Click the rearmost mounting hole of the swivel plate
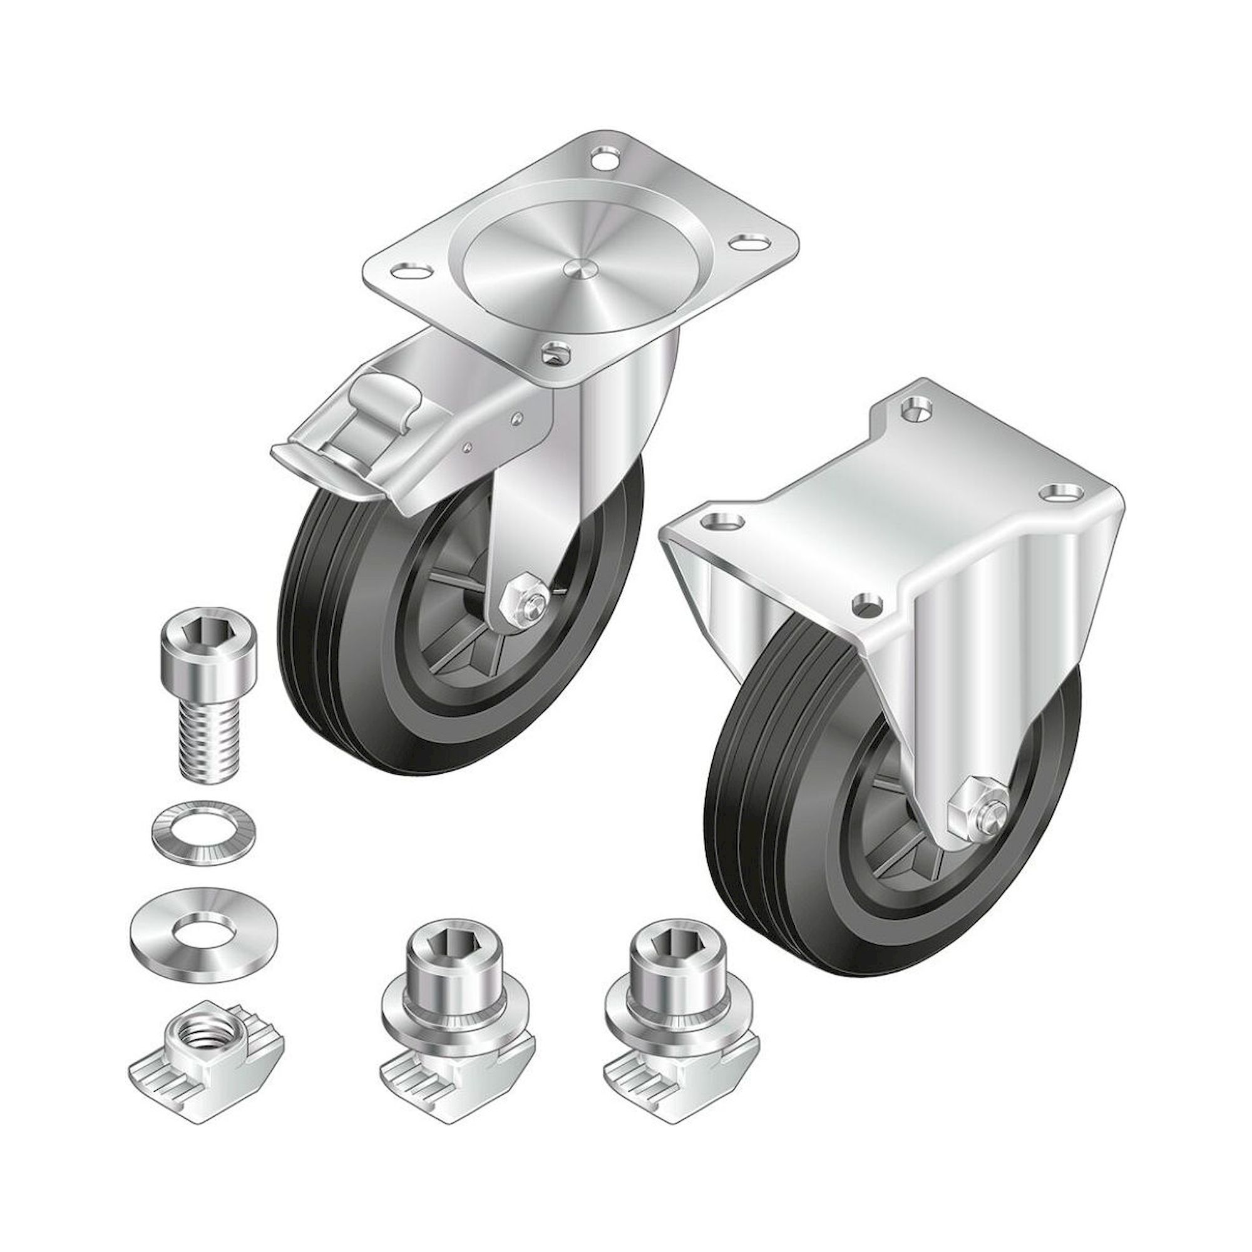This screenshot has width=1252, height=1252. tap(604, 158)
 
